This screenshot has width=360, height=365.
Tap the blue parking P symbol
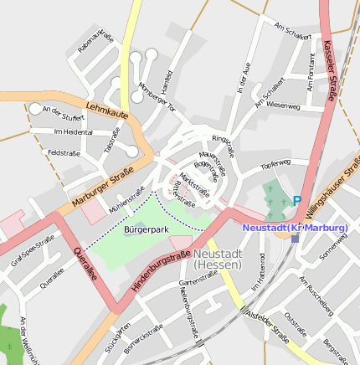(x=296, y=201)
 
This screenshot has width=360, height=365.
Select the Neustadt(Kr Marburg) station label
(x=295, y=228)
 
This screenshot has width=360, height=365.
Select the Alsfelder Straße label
(x=267, y=326)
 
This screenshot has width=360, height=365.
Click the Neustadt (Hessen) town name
(x=217, y=259)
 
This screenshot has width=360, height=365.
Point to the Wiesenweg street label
(x=282, y=105)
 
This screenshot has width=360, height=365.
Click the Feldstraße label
(x=64, y=153)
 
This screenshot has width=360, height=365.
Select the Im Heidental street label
(x=72, y=132)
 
